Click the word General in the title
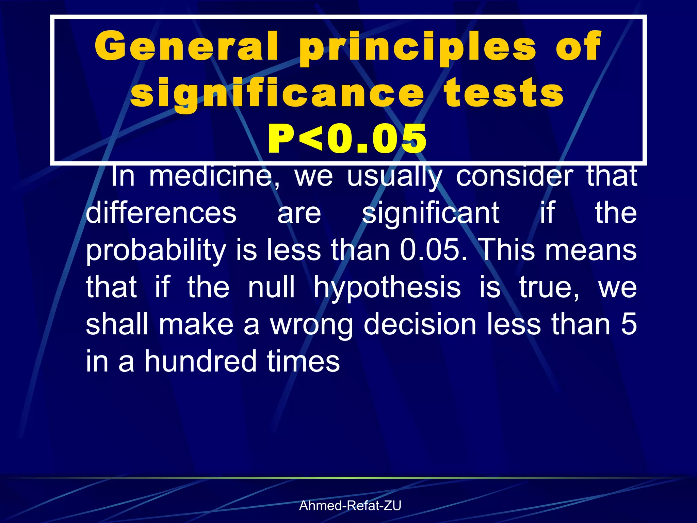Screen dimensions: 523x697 click(187, 46)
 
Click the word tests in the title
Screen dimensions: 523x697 click(504, 93)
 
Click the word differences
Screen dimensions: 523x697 click(161, 213)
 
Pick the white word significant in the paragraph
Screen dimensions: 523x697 click(431, 213)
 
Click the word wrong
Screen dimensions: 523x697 click(312, 326)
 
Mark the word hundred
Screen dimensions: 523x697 click(200, 361)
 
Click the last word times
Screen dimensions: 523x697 click(303, 361)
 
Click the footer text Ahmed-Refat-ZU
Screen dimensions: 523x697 click(350, 506)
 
